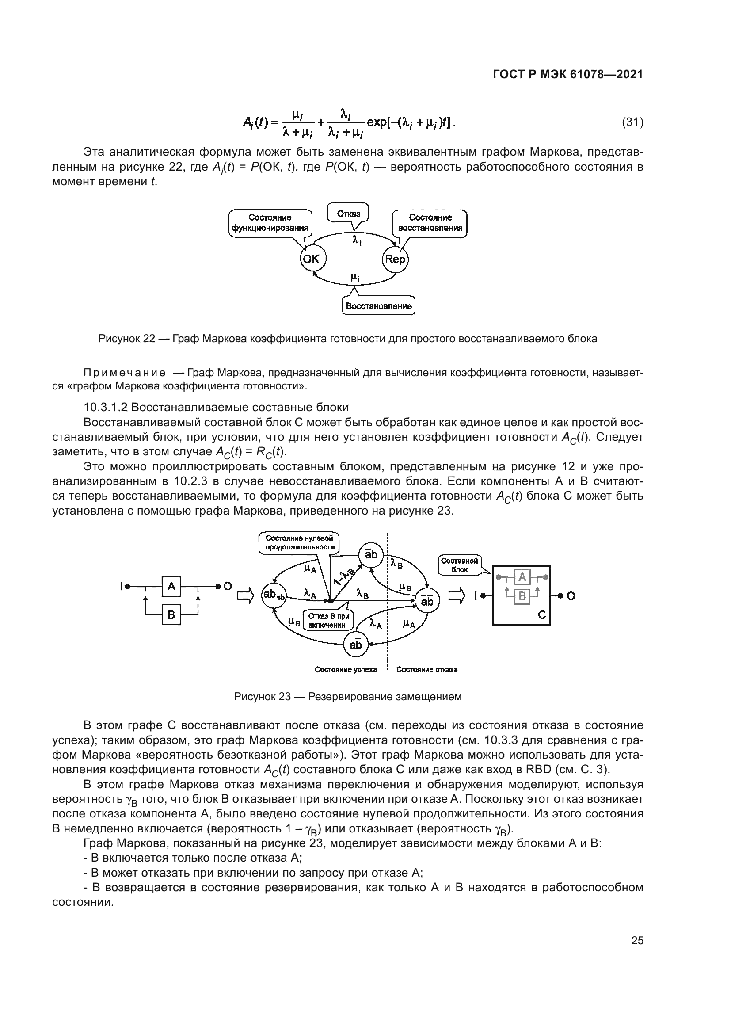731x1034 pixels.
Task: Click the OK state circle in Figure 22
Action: pyautogui.click(x=312, y=259)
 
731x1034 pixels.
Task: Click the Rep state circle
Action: pyautogui.click(x=395, y=259)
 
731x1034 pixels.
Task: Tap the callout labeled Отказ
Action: pyautogui.click(x=348, y=213)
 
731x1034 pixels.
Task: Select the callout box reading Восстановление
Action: pyautogui.click(x=379, y=306)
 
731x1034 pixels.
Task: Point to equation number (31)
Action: pyautogui.click(x=632, y=122)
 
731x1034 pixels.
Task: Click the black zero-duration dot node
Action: pyautogui.click(x=331, y=601)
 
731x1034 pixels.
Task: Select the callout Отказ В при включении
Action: pyautogui.click(x=328, y=621)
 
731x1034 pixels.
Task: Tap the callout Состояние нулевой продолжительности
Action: pyautogui.click(x=299, y=543)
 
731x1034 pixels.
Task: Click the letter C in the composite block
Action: pyautogui.click(x=541, y=615)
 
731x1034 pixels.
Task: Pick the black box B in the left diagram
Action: pyautogui.click(x=171, y=615)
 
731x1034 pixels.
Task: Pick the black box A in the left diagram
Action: pyautogui.click(x=171, y=586)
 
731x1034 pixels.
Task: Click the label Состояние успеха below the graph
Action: pyautogui.click(x=346, y=670)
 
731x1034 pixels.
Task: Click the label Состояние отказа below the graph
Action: pyautogui.click(x=427, y=670)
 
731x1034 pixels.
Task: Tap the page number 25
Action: pyautogui.click(x=637, y=941)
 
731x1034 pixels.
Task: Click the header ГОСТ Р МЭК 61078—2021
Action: pyautogui.click(x=568, y=75)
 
